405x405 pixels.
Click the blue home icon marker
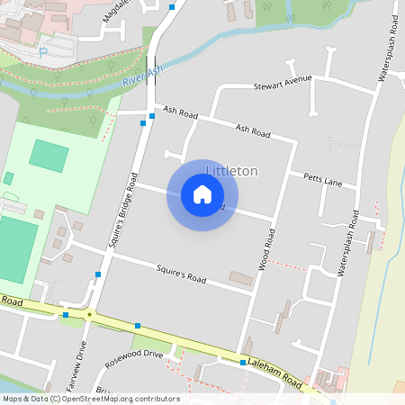pos(202,193)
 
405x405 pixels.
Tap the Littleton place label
pos(232,171)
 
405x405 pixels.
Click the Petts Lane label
pos(323,181)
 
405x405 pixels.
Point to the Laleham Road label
pos(280,370)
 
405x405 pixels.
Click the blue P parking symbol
pos(43,52)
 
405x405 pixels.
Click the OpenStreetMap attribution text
pos(90,399)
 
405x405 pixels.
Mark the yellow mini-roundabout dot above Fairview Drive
pos(89,314)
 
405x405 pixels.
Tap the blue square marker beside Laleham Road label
pos(243,363)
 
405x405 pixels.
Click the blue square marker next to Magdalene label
pos(172,7)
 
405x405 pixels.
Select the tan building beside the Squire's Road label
pos(241,278)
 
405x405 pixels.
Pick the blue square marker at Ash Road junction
pos(142,124)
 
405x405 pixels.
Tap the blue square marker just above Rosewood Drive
pos(138,326)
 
